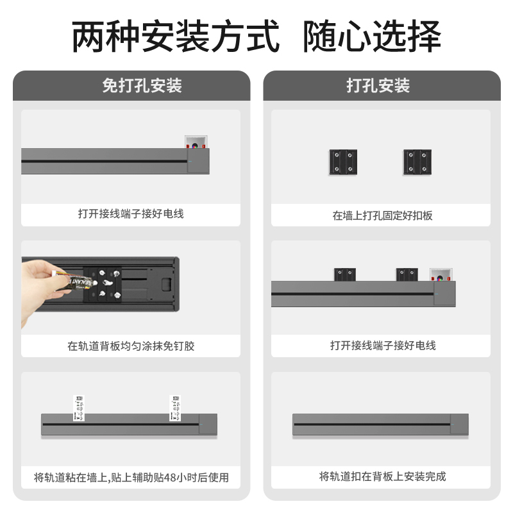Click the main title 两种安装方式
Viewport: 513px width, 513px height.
click(x=175, y=36)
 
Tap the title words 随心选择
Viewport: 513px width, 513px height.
click(x=372, y=36)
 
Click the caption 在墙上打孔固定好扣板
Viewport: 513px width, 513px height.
click(x=382, y=215)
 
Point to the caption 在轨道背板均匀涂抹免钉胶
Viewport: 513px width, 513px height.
click(x=131, y=346)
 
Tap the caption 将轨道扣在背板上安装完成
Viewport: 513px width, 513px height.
click(x=382, y=476)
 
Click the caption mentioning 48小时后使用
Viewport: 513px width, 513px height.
click(x=131, y=478)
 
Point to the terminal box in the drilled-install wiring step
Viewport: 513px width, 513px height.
click(x=441, y=276)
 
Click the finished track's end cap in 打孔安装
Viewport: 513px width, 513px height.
click(x=458, y=424)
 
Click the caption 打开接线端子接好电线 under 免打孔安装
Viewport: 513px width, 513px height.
click(x=131, y=214)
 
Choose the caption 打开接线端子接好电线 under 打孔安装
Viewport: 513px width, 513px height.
click(x=382, y=346)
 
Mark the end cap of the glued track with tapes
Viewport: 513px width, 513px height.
click(x=208, y=424)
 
